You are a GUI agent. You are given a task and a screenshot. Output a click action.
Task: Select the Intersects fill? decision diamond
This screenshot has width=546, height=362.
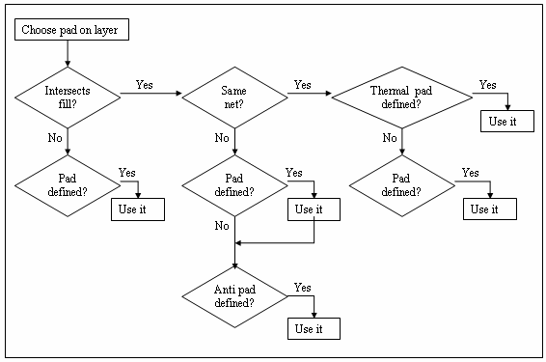68,96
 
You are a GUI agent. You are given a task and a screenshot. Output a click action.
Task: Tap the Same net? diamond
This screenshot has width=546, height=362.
234,95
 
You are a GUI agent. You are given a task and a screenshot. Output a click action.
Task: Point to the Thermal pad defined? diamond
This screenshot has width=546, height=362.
402,96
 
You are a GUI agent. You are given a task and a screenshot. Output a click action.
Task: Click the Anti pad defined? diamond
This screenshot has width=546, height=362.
234,294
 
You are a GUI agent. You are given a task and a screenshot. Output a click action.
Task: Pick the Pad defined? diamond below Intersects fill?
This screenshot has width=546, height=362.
68,183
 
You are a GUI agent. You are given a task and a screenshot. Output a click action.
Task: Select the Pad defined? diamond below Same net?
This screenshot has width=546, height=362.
234,183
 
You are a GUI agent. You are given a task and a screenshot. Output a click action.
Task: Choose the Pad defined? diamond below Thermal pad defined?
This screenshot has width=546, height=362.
402,183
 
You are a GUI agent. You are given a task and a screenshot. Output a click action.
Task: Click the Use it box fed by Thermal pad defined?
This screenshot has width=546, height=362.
507,122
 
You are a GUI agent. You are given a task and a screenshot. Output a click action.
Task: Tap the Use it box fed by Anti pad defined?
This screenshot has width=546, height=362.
314,329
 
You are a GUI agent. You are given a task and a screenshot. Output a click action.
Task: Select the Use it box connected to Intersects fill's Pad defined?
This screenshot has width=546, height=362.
137,209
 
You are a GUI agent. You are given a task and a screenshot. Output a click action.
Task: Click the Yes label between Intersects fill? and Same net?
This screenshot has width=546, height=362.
145,85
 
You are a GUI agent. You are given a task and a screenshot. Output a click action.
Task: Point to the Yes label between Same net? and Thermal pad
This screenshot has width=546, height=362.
303,85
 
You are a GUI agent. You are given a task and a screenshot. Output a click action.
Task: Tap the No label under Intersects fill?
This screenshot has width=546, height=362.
55,138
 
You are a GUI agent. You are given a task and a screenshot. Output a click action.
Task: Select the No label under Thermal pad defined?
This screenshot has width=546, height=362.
390,138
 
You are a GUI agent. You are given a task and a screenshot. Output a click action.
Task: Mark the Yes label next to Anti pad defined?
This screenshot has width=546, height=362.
302,288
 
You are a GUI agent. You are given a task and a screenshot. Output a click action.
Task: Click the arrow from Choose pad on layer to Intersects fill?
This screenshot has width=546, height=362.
68,55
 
